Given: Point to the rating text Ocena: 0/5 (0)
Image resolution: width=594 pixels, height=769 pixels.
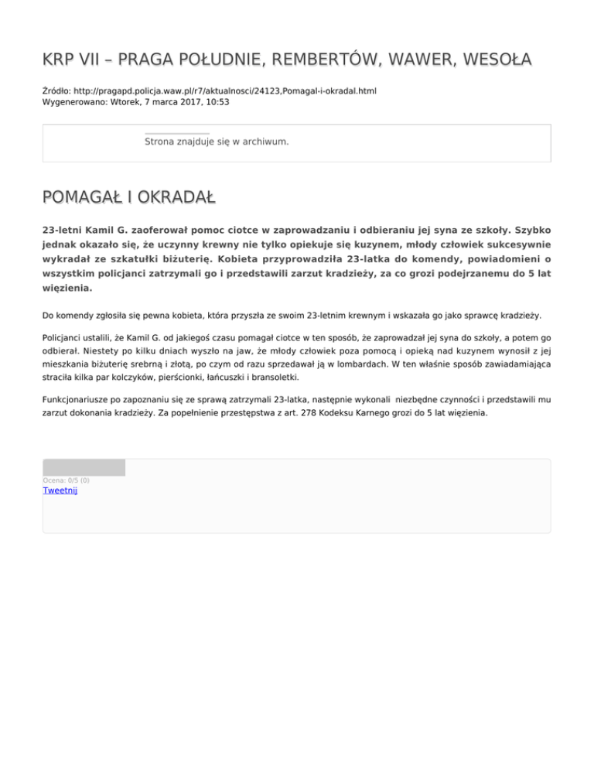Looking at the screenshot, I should pos(66,480).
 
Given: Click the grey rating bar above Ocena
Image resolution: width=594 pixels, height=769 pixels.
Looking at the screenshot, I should pos(84,467).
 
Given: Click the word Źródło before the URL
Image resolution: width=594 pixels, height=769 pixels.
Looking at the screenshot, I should pos(57,91).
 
